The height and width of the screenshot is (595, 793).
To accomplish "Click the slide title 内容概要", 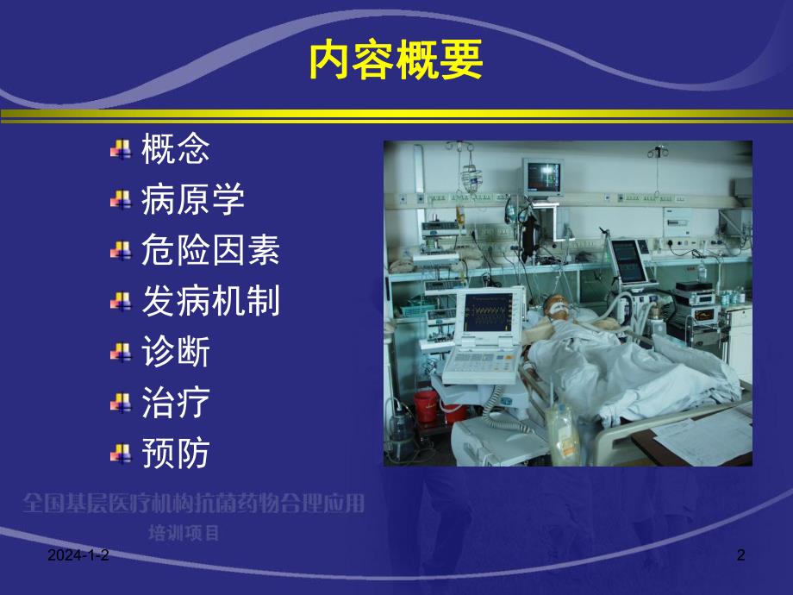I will click(396, 62).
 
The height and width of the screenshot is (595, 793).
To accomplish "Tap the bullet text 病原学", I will click(192, 200).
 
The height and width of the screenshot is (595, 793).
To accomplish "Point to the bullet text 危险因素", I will click(210, 251).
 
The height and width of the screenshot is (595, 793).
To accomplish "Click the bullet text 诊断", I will click(175, 352).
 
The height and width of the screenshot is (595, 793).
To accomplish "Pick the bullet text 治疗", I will click(175, 402).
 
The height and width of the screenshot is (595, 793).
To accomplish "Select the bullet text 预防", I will click(175, 453).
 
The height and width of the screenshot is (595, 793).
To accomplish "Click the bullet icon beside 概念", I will click(120, 151).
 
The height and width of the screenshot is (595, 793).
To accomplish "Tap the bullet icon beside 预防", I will click(120, 454).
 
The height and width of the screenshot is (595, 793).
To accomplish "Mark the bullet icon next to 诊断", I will click(120, 353).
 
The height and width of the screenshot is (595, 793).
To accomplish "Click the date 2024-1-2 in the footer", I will click(78, 558).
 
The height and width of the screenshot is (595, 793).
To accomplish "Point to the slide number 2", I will click(740, 558).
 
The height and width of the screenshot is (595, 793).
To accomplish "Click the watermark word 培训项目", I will click(184, 532).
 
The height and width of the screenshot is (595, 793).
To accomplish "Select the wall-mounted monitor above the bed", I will click(542, 175).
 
